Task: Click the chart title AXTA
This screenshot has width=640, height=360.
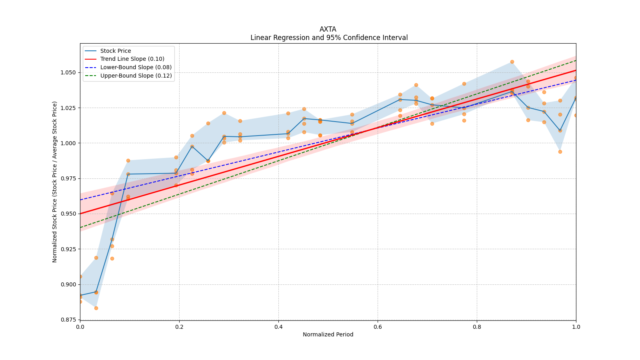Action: coord(328,29)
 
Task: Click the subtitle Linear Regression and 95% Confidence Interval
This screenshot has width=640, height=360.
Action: coord(329,38)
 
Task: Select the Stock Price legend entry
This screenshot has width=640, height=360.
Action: coord(116,51)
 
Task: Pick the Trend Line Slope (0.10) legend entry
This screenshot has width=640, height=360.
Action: coord(132,59)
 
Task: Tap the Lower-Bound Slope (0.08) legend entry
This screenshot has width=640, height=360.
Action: coord(136,67)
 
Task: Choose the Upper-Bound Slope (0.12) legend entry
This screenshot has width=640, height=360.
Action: coord(136,76)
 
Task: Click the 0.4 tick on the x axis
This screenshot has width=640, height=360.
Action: coord(278,326)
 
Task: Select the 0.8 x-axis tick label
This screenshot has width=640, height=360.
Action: coord(477,326)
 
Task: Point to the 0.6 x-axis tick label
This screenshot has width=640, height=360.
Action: coord(378,326)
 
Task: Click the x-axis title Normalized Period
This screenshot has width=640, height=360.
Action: coord(328,334)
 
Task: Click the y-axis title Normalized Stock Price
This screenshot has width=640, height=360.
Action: coord(54,182)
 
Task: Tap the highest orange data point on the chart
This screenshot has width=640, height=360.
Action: coord(512,62)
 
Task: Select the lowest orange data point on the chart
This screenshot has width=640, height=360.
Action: coord(96,308)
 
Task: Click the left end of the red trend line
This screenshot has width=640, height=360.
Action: coord(80,214)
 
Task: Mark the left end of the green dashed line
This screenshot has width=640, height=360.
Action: coord(80,228)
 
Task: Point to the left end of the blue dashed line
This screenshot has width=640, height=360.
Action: coord(80,200)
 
